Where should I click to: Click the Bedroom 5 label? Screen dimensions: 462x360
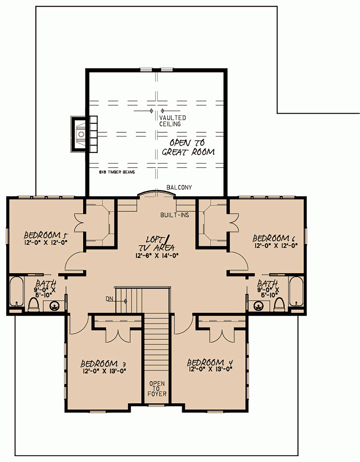pos(46,235)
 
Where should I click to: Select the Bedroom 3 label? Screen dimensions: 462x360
pos(103,364)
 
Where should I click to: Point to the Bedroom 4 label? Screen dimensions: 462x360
pos(210,363)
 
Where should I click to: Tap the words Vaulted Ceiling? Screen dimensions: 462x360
pos(172,121)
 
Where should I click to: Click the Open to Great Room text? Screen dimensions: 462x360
pos(188,147)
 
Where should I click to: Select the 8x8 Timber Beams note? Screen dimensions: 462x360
pos(117,172)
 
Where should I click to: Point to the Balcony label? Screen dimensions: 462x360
pos(179,187)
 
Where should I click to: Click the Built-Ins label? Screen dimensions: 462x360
pos(175,215)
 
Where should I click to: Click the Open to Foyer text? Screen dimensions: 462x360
pos(157,388)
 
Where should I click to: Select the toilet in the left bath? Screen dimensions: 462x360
pos(34,304)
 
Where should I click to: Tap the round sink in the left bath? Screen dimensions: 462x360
pos(55,306)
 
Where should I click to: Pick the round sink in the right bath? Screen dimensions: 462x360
pos(258,306)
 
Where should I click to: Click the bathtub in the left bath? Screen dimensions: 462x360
pos(16,291)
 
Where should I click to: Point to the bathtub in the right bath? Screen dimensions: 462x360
pos(296,291)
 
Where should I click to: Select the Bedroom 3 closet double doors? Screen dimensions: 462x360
pos(119,335)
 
